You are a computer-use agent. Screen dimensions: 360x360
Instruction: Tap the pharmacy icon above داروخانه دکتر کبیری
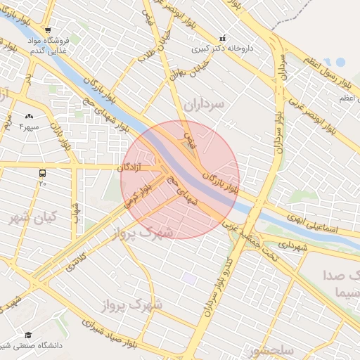pyautogui.click(x=223, y=39)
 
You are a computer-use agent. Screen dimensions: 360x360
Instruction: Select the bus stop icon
pyautogui.click(x=43, y=172)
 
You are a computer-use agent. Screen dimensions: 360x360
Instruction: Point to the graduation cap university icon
pyautogui.click(x=28, y=335)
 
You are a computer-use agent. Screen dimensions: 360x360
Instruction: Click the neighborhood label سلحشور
pyautogui.click(x=272, y=349)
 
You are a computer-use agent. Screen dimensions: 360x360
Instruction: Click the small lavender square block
pyautogui.click(x=189, y=279)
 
